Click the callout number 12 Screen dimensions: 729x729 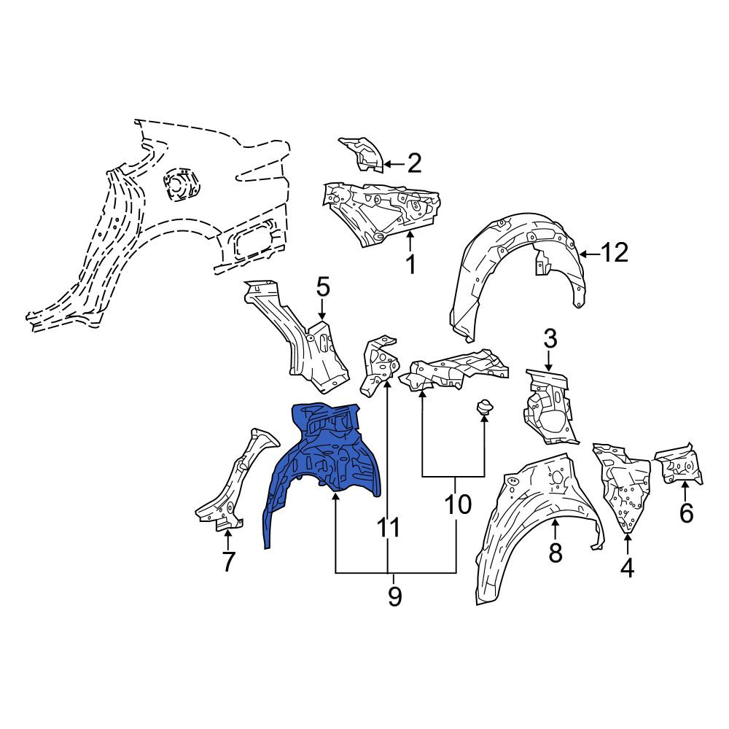[x=614, y=253]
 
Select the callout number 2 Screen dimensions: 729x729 [x=414, y=163]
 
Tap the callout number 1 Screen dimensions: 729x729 [x=410, y=264]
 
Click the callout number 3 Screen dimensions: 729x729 [x=550, y=339]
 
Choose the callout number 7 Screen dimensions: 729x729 [x=227, y=562]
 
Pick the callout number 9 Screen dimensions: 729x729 [x=394, y=596]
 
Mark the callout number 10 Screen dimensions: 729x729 [x=458, y=504]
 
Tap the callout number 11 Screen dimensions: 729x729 [x=389, y=528]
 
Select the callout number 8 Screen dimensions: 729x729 [x=555, y=553]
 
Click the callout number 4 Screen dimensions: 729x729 [x=627, y=568]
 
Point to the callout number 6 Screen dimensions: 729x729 [x=686, y=512]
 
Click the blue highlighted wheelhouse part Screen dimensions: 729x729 [x=325, y=460]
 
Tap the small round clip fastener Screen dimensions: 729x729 [x=484, y=408]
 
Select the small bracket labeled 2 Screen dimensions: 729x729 [x=361, y=155]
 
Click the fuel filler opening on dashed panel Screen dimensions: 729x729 [x=180, y=184]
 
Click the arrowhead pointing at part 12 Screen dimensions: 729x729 [x=584, y=254]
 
